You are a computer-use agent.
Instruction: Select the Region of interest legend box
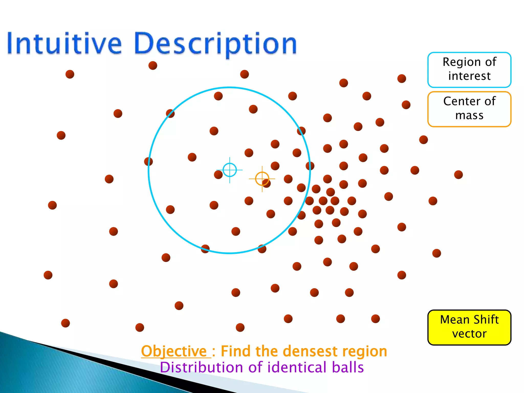(469, 70)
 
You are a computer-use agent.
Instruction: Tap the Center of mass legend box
(469, 109)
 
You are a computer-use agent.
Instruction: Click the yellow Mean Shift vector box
(469, 327)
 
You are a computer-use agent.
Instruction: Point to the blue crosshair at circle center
(230, 170)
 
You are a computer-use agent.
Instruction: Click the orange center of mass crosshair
(262, 179)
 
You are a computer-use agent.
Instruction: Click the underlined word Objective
(174, 351)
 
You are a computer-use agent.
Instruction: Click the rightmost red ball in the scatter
(458, 175)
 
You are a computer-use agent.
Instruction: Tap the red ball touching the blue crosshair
(218, 175)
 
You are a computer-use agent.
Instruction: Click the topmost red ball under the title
(153, 65)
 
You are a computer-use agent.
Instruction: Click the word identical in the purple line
(297, 367)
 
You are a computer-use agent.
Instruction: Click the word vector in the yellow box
(469, 334)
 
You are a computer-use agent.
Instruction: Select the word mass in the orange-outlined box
(469, 115)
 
